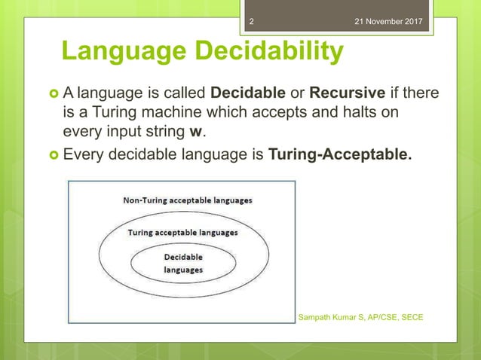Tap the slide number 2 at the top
tap(252, 8)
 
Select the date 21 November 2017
tap(390, 8)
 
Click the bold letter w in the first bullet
tap(199, 133)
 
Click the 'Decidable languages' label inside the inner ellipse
tap(183, 263)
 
